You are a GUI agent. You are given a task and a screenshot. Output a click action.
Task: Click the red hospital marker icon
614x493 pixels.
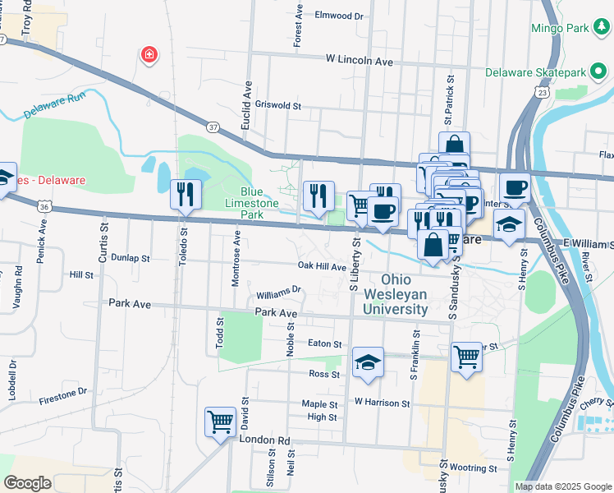[149, 55]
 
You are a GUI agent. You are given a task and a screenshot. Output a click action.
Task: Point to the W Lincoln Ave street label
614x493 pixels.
[360, 60]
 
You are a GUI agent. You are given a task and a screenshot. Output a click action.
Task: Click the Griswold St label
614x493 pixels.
[279, 105]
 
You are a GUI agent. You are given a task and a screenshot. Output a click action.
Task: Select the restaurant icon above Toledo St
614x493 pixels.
[186, 195]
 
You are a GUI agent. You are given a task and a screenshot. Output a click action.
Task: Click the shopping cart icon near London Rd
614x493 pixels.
[220, 422]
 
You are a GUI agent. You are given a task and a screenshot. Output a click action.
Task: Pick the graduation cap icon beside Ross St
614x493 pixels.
[368, 362]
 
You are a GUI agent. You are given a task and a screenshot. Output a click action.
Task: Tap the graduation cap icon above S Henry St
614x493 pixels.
[509, 223]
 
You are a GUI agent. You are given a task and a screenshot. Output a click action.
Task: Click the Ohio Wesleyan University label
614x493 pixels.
[403, 294]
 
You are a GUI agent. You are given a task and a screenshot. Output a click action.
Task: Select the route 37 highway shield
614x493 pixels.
[213, 127]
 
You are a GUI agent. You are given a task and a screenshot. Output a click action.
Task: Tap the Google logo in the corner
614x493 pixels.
[28, 482]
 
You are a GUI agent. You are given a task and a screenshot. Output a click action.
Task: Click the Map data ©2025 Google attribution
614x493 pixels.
[562, 486]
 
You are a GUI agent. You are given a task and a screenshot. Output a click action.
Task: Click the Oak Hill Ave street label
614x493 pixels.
[322, 266]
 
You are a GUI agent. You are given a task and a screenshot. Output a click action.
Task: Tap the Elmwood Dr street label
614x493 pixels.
[338, 16]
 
